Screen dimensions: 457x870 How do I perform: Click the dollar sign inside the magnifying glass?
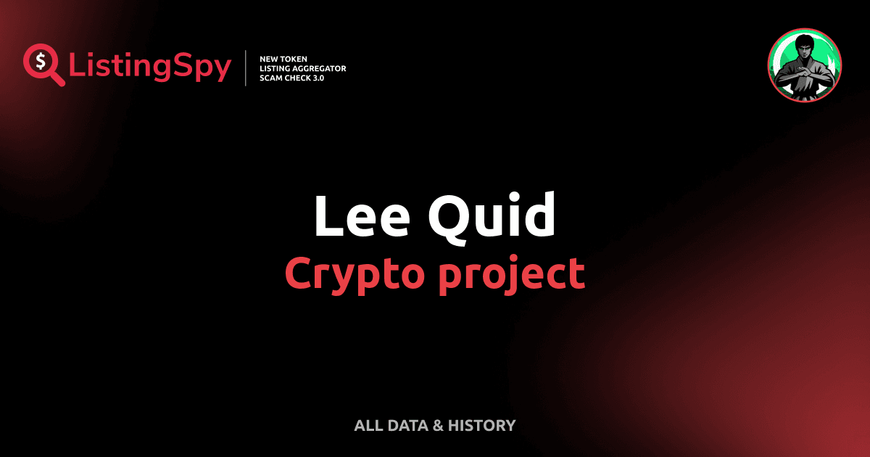[41, 61]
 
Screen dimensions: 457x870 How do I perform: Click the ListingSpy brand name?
[150, 66]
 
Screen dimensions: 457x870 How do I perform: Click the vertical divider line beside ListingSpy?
[246, 67]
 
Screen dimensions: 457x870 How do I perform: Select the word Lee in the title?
[359, 215]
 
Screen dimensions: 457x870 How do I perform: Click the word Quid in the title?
[493, 215]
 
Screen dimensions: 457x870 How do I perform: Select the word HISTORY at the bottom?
[481, 426]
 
